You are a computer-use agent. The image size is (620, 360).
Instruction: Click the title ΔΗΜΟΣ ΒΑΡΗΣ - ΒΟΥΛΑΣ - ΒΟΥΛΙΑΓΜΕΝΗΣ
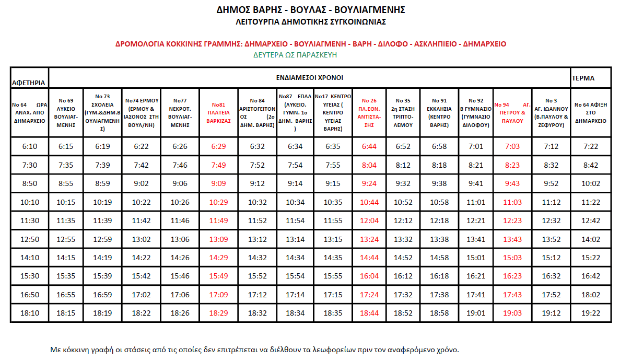click(310, 10)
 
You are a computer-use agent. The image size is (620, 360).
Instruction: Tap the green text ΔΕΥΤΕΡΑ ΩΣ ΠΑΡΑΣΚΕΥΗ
click(295, 54)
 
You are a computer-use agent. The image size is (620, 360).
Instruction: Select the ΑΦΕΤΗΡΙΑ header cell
click(29, 83)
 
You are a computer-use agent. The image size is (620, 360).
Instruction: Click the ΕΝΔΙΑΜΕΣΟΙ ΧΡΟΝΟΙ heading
click(310, 77)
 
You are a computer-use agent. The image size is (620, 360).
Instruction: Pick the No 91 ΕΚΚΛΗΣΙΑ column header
click(440, 112)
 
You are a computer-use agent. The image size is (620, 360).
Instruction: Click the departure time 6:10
click(30, 146)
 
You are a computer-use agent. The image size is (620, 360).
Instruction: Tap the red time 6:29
click(218, 146)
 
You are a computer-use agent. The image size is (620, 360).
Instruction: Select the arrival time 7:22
click(590, 146)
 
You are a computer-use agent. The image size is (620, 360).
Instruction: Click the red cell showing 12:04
click(369, 220)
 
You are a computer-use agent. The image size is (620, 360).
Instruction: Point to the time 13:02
click(142, 239)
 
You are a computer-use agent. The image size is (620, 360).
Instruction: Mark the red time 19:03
click(512, 313)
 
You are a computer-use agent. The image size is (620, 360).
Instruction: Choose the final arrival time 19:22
click(590, 313)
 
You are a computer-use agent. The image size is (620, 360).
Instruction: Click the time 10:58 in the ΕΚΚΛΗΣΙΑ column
click(440, 202)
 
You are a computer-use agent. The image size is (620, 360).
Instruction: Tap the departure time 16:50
click(30, 295)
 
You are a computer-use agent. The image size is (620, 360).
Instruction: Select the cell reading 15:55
click(333, 276)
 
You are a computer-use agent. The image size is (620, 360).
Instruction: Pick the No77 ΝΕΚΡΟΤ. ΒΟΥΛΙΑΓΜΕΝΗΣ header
click(180, 112)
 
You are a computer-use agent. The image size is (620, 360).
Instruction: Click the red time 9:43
click(512, 183)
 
